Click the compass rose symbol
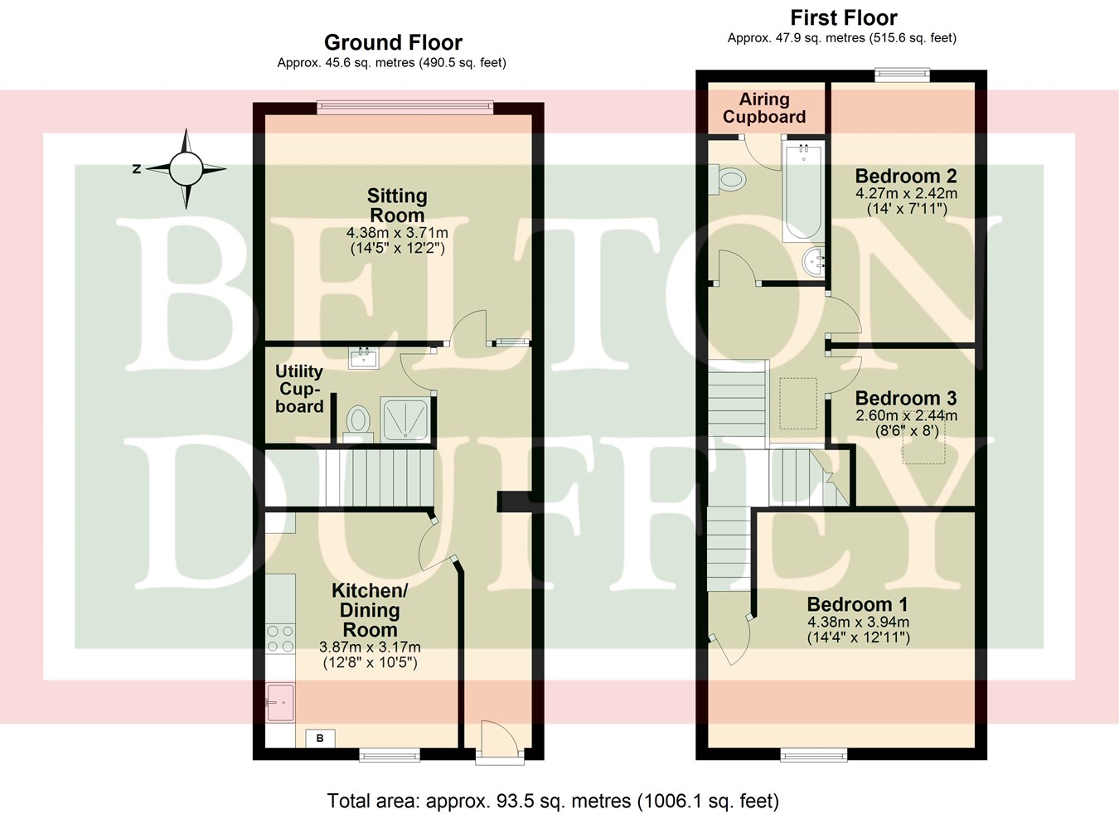tap(186, 169)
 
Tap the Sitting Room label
tap(397, 206)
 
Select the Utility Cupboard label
tap(299, 389)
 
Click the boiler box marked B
tap(320, 738)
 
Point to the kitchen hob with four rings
tap(280, 638)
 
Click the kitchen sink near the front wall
tap(279, 702)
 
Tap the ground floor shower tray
tap(404, 418)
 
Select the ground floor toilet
tap(357, 420)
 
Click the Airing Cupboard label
tap(763, 109)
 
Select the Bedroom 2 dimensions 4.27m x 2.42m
tap(906, 193)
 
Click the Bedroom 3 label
tap(906, 398)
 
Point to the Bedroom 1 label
tap(858, 604)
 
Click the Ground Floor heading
tap(393, 42)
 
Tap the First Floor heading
tap(843, 17)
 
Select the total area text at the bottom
tap(553, 801)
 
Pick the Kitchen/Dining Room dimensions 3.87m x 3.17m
tap(370, 647)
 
